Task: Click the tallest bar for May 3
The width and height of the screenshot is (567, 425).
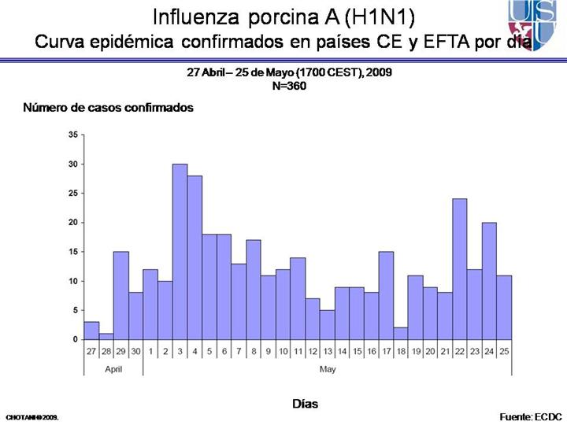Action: (x=180, y=252)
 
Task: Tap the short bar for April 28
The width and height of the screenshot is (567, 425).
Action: (x=106, y=336)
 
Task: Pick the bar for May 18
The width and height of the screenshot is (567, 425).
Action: (x=401, y=334)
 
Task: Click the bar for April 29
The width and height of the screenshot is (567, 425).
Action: (x=120, y=296)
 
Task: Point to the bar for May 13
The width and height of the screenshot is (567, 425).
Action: (x=327, y=325)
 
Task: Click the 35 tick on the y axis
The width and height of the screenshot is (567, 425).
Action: (x=73, y=135)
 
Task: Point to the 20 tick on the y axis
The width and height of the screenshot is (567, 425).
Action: (x=73, y=223)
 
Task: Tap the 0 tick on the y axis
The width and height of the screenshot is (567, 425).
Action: (x=75, y=339)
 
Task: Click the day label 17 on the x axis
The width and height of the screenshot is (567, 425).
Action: (x=386, y=350)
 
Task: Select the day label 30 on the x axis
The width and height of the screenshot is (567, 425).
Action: (x=135, y=350)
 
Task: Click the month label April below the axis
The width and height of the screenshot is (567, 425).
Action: (x=113, y=368)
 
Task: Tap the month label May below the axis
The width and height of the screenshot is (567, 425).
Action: (x=327, y=368)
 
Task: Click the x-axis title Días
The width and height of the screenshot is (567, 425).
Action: (x=305, y=403)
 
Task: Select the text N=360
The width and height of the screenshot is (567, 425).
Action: (x=289, y=86)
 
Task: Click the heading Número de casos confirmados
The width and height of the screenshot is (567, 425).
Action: (x=108, y=108)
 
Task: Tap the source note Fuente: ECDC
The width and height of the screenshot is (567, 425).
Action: (x=531, y=415)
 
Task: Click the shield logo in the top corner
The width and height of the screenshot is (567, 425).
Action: (x=537, y=24)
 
